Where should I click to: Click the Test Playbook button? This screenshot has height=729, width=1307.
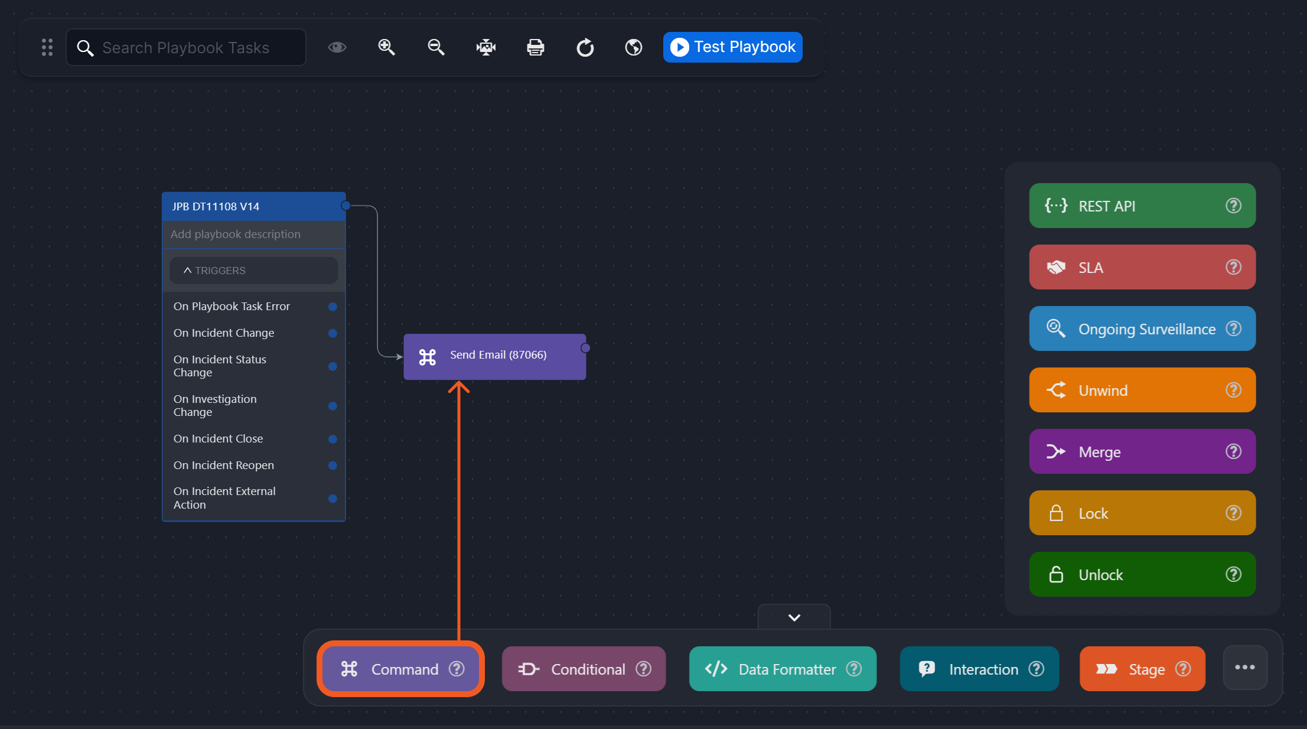click(x=732, y=47)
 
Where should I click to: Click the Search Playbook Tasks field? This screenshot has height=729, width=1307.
click(x=186, y=48)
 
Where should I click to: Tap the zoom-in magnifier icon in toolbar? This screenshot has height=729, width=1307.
click(x=387, y=47)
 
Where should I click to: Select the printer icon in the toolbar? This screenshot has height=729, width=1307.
click(x=535, y=47)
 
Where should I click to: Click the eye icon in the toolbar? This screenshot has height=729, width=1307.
click(x=337, y=47)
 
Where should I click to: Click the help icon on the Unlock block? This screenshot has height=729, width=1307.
click(x=1233, y=574)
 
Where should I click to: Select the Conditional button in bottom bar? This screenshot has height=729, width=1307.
click(x=584, y=669)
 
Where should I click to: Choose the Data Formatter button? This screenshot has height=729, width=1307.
click(x=782, y=669)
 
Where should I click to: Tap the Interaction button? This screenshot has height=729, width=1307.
click(x=979, y=669)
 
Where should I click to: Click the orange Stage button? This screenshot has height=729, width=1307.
click(x=1142, y=669)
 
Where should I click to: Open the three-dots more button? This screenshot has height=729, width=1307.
click(x=1245, y=668)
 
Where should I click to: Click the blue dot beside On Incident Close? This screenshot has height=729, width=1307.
click(x=333, y=439)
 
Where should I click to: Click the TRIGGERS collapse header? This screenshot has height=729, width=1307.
click(x=253, y=271)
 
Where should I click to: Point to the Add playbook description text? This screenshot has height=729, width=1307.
click(x=236, y=235)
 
